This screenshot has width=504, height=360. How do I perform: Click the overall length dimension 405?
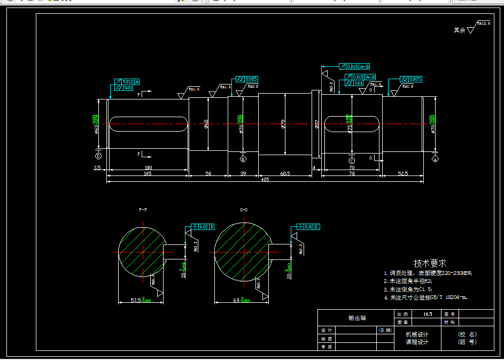click(265, 179)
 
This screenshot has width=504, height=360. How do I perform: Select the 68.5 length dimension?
click(285, 173)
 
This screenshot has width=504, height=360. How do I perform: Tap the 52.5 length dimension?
click(403, 173)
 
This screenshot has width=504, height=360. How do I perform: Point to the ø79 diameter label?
click(283, 125)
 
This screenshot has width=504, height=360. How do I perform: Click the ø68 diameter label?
click(206, 124)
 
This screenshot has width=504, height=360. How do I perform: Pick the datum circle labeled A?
click(435, 159)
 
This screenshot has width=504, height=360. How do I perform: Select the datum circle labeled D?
click(98, 156)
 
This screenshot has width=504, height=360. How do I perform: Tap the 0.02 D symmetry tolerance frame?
click(203, 227)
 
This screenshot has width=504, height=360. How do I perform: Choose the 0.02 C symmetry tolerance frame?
click(309, 227)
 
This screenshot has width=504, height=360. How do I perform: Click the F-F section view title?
click(143, 210)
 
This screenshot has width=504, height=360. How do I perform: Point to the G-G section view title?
click(243, 210)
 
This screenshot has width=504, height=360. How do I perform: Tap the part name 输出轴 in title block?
click(356, 318)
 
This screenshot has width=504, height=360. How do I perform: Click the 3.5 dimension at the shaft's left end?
click(97, 167)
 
